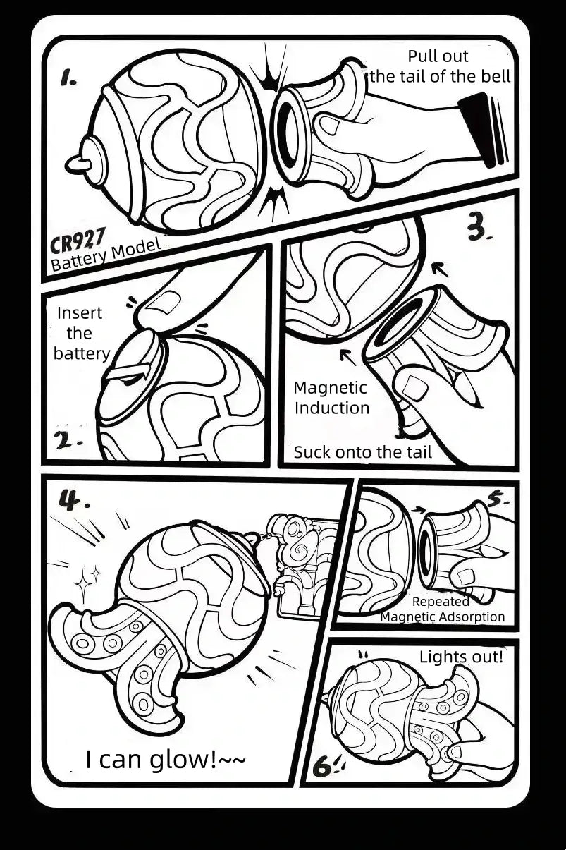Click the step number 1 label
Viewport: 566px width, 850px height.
(68, 78)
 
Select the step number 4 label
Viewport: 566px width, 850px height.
(73, 501)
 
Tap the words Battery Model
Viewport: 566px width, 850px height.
(106, 255)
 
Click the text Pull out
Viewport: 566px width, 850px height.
(438, 56)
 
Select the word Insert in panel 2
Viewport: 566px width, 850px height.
(80, 313)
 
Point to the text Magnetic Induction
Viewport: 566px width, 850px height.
(331, 398)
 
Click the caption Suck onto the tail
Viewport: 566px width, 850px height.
(363, 452)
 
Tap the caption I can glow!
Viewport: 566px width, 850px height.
(166, 759)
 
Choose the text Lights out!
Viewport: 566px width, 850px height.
(461, 657)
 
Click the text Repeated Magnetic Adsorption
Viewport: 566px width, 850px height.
(443, 609)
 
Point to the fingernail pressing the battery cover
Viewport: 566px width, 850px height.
(164, 302)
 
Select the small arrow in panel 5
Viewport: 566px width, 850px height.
(418, 510)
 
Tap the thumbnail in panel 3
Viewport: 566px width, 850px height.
(414, 387)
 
